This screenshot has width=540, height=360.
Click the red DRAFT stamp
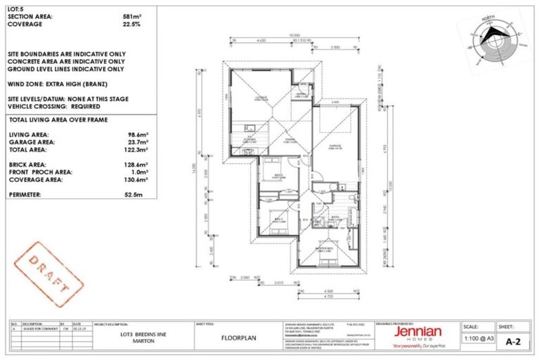coord(49,269)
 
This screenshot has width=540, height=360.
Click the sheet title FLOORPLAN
coord(231,337)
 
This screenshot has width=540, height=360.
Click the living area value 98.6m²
coord(136,134)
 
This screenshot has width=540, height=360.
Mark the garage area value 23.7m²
coord(136,141)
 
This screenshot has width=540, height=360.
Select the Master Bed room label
coord(325,247)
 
